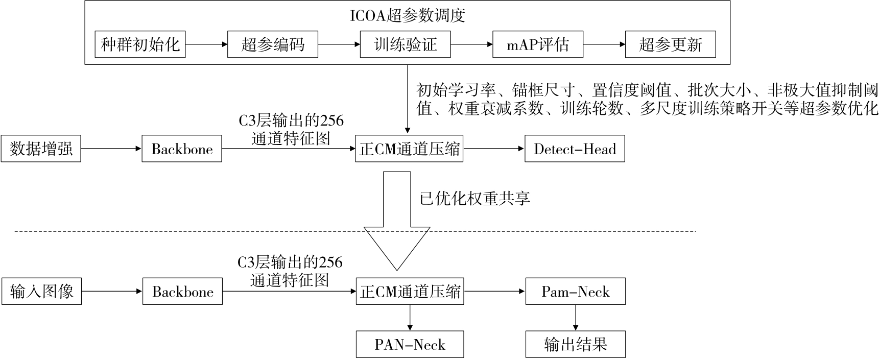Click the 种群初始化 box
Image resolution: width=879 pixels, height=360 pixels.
140,44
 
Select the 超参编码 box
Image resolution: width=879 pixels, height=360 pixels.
273,44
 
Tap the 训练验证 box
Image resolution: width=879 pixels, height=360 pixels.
406,44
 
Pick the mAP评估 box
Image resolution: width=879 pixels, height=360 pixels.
537,44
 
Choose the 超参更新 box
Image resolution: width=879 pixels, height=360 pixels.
670,44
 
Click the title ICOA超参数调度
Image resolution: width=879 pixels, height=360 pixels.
407,15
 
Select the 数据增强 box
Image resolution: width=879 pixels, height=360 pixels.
41,149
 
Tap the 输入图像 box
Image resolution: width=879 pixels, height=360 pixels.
41,292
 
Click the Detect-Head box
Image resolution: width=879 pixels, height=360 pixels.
575,149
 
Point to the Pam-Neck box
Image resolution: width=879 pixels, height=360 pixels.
575,292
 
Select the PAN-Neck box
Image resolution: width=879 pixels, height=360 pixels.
410,345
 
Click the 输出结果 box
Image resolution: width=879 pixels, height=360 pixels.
575,345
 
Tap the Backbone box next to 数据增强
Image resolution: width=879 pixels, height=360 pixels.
182,149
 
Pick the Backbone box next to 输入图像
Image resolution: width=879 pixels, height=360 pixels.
182,292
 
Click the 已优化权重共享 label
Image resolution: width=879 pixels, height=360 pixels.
474,198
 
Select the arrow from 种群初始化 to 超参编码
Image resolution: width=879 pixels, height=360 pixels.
206,44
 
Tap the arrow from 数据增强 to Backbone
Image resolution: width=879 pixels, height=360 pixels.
111,149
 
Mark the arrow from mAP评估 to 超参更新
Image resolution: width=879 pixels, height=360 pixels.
604,44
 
